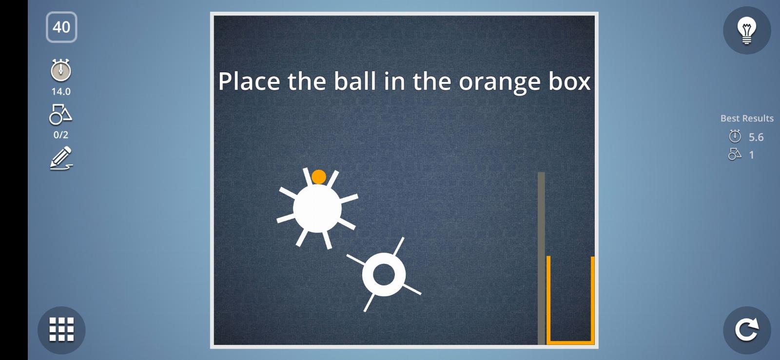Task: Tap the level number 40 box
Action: [61, 27]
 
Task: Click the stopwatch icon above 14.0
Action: [61, 70]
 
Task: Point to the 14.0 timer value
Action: [61, 92]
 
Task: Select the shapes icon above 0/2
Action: [60, 114]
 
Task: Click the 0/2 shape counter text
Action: [61, 135]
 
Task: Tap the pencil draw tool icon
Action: [61, 158]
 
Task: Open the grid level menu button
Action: [61, 330]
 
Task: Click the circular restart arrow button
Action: [747, 330]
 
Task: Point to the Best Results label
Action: [747, 119]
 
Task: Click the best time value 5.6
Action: [756, 137]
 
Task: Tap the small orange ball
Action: [319, 177]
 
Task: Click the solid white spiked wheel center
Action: [317, 208]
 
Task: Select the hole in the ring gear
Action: [384, 275]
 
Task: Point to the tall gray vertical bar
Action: [541, 258]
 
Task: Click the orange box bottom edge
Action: [570, 342]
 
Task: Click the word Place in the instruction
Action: [249, 81]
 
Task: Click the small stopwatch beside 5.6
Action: [735, 136]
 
